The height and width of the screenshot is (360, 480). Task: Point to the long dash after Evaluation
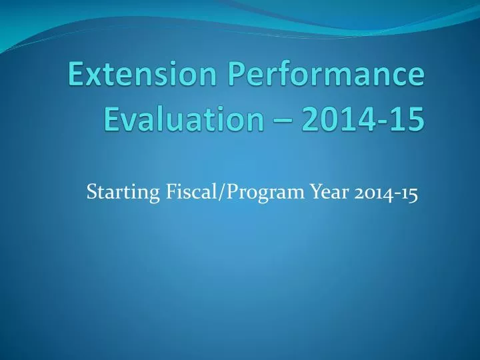click(x=279, y=121)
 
